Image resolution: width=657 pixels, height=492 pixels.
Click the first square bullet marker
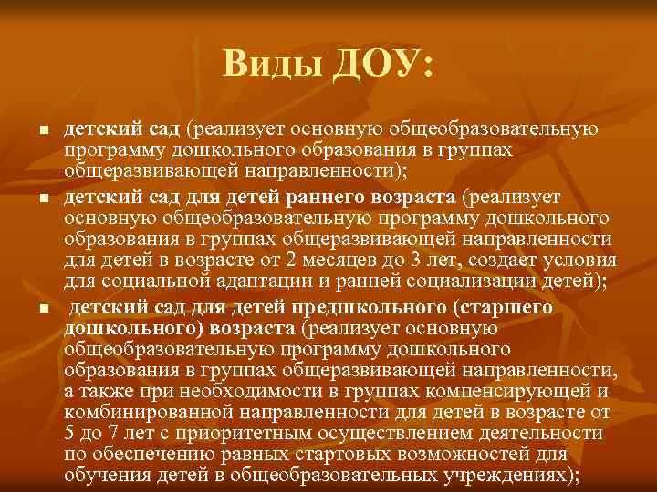pyautogui.click(x=42, y=133)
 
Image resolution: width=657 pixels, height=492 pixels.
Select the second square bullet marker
pyautogui.click(x=42, y=199)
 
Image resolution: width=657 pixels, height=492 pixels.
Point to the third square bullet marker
pyautogui.click(x=42, y=310)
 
